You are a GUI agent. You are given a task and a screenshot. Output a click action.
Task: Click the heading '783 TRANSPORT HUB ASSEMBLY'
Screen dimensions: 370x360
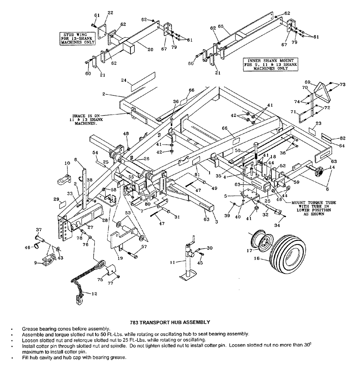(x=171, y=322)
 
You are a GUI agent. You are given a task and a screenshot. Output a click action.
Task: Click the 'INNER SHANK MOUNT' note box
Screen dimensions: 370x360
(x=270, y=64)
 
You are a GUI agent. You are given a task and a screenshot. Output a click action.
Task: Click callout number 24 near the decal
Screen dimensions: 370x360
(x=124, y=80)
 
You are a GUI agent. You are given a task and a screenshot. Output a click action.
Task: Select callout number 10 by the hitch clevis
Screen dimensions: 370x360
(x=67, y=163)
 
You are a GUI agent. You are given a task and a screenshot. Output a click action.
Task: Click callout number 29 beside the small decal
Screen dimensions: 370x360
(x=56, y=199)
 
